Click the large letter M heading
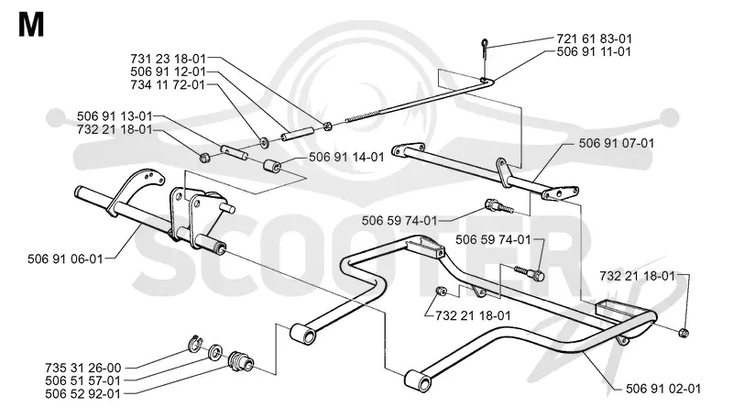click(31, 25)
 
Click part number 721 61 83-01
click(594, 38)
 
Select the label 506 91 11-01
click(594, 51)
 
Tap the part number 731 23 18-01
click(168, 59)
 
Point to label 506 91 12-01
click(168, 72)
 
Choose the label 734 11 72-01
click(168, 85)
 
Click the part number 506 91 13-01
click(115, 115)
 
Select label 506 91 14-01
click(346, 157)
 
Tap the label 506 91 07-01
click(616, 143)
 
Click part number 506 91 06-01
click(65, 258)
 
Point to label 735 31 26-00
click(83, 368)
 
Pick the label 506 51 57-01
click(83, 381)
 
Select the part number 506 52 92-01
click(83, 394)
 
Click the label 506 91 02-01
click(663, 389)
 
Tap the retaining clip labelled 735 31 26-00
click(194, 345)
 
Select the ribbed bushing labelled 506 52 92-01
click(241, 360)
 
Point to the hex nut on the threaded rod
click(328, 126)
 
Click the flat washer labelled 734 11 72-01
click(265, 141)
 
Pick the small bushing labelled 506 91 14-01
click(272, 166)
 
